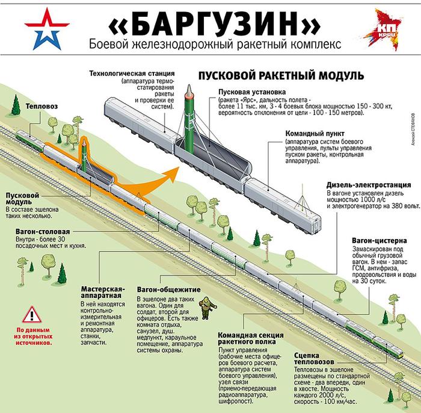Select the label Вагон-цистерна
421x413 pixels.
click(x=380, y=240)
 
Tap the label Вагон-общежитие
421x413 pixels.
click(x=166, y=288)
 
